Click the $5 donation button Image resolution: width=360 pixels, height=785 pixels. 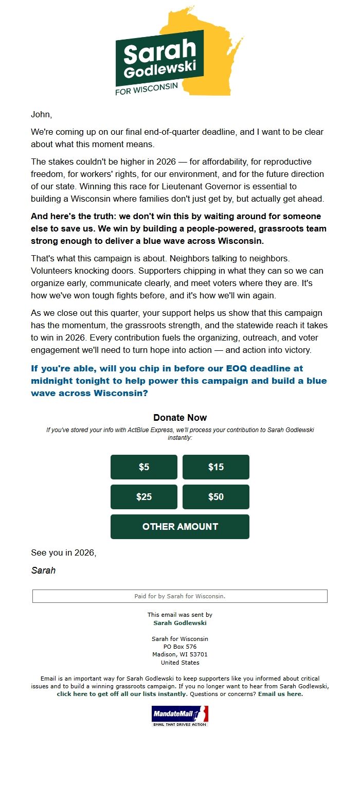(x=144, y=467)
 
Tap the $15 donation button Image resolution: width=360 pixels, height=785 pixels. (x=216, y=467)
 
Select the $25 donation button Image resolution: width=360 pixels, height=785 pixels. (x=144, y=497)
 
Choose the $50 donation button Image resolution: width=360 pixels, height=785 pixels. (x=216, y=497)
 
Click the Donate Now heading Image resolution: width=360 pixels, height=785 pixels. (x=180, y=418)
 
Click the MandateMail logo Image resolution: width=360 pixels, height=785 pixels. (x=180, y=715)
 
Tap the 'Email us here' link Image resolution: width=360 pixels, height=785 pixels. (x=280, y=694)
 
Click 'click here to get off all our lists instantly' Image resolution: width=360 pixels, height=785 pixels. (x=121, y=694)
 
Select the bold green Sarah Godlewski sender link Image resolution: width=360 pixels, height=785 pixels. (x=180, y=623)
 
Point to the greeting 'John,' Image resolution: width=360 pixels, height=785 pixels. (x=42, y=114)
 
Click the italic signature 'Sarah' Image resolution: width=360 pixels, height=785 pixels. (x=43, y=570)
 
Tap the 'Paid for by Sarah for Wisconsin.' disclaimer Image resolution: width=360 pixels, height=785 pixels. (x=180, y=596)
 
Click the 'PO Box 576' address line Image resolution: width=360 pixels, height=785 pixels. (x=180, y=647)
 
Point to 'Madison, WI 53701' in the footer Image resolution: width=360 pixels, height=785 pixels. (x=180, y=655)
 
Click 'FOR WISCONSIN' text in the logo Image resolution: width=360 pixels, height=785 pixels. (x=147, y=88)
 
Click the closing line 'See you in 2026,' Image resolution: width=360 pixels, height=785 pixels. (x=64, y=553)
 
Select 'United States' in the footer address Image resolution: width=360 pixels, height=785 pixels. (x=180, y=663)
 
